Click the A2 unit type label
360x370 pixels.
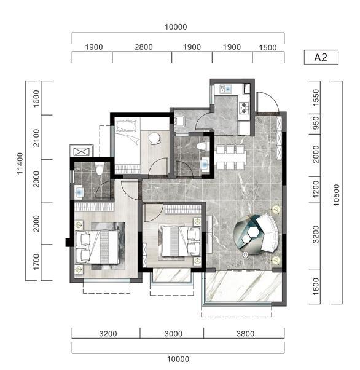[321, 57]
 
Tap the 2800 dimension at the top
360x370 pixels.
[144, 47]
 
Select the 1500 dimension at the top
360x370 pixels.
[268, 48]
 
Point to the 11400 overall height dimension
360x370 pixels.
[20, 163]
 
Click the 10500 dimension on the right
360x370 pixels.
[337, 195]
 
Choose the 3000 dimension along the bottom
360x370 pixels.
[173, 334]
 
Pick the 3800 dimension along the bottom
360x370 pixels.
[245, 334]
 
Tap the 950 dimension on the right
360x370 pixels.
[316, 123]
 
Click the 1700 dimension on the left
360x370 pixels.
[36, 262]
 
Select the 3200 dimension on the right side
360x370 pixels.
[316, 234]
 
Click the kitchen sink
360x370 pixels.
[225, 89]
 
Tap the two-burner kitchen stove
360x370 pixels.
[244, 108]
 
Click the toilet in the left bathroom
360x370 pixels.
[100, 168]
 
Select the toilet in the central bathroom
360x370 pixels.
[202, 146]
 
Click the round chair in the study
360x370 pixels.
[155, 138]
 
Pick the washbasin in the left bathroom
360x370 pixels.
[79, 192]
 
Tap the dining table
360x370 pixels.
[230, 157]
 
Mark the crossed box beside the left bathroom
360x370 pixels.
[82, 152]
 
